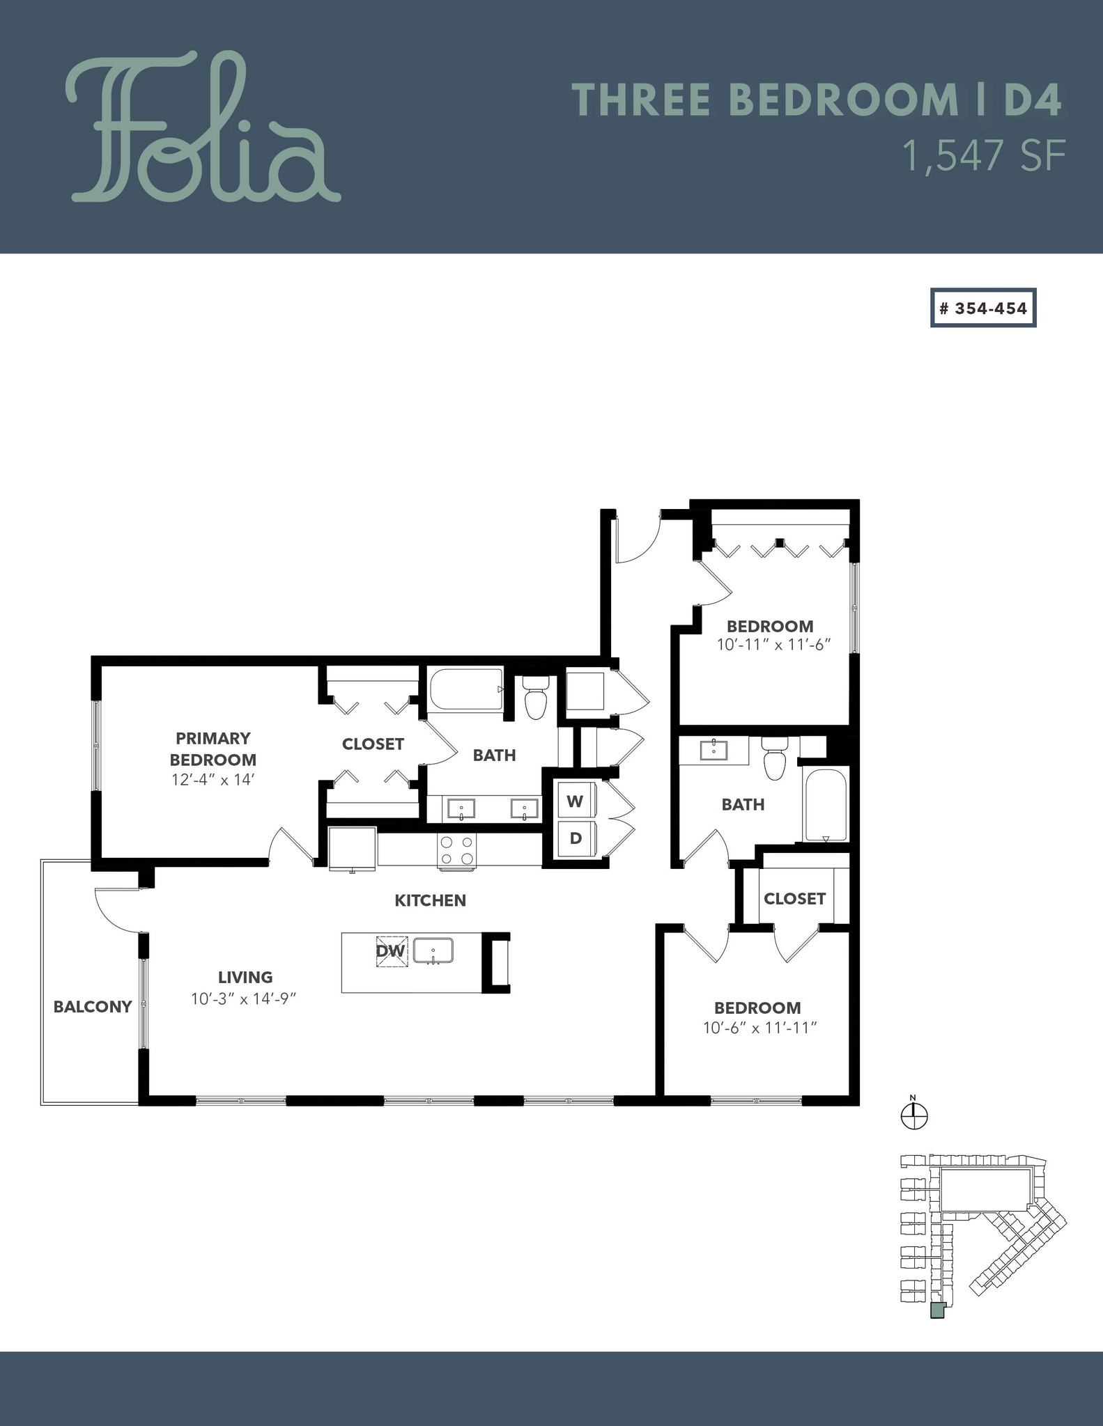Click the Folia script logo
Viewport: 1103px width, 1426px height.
tap(202, 129)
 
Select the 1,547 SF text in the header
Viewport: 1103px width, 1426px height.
tap(984, 156)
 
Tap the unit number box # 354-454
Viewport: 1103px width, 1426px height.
tap(983, 308)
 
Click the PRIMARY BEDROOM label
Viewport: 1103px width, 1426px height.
tap(213, 749)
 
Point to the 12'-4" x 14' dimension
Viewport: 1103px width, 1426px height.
tap(213, 780)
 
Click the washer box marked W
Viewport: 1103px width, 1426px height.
tap(575, 801)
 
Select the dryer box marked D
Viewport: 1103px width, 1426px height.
tap(576, 838)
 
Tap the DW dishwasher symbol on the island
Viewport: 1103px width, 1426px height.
tap(391, 950)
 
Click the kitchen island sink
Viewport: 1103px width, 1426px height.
tap(433, 950)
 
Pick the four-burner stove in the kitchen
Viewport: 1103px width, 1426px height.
tap(457, 850)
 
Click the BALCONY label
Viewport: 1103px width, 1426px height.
tap(93, 1007)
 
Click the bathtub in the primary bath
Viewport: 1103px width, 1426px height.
tap(465, 690)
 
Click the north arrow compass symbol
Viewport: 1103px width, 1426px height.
tap(914, 1117)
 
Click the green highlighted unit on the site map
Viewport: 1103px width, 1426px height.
tap(937, 1311)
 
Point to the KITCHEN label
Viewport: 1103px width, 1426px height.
tap(430, 900)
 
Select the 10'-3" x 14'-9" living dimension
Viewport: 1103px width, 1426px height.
tap(244, 998)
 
